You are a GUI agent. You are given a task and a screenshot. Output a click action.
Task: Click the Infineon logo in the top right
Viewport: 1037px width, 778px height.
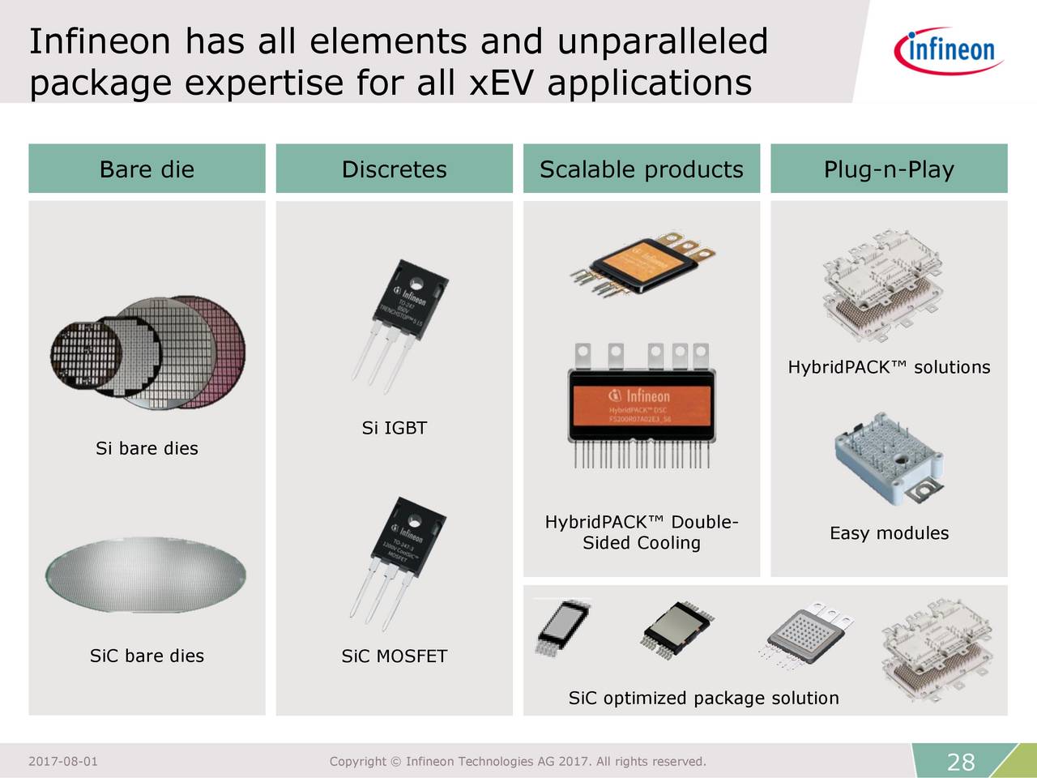pos(948,50)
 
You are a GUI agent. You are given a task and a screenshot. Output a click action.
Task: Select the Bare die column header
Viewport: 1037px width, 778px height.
pos(147,169)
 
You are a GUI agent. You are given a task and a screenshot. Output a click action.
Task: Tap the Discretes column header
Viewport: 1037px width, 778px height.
pos(394,169)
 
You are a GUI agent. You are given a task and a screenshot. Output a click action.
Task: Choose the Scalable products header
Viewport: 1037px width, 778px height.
pos(641,169)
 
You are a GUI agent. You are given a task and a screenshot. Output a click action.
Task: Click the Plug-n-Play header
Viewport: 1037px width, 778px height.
pos(889,169)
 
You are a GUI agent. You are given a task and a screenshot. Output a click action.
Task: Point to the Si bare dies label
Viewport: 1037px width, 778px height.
pos(147,449)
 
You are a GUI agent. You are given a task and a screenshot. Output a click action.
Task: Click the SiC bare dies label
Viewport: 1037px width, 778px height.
pos(147,656)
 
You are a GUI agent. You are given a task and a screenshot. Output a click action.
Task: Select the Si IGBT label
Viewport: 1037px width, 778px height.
pos(394,429)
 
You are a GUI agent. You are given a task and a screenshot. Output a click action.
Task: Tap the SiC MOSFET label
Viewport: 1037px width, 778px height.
pos(394,656)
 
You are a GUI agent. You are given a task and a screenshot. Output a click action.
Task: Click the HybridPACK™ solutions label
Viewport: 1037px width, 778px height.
pos(889,368)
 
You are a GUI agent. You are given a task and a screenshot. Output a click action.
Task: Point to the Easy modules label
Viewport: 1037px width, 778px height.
pos(889,533)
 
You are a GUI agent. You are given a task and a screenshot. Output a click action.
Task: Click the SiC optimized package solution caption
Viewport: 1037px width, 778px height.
pos(703,699)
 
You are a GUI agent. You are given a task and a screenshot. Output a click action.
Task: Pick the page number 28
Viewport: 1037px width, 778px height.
pos(961,762)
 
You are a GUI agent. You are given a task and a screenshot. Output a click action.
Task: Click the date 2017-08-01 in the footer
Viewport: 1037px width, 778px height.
pos(63,762)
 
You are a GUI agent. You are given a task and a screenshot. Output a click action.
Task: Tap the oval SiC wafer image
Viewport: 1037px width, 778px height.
pos(146,574)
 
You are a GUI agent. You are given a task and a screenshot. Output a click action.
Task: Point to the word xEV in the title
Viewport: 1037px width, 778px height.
pos(502,83)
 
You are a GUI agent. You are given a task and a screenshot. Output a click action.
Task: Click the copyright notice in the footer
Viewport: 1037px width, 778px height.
pos(518,762)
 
